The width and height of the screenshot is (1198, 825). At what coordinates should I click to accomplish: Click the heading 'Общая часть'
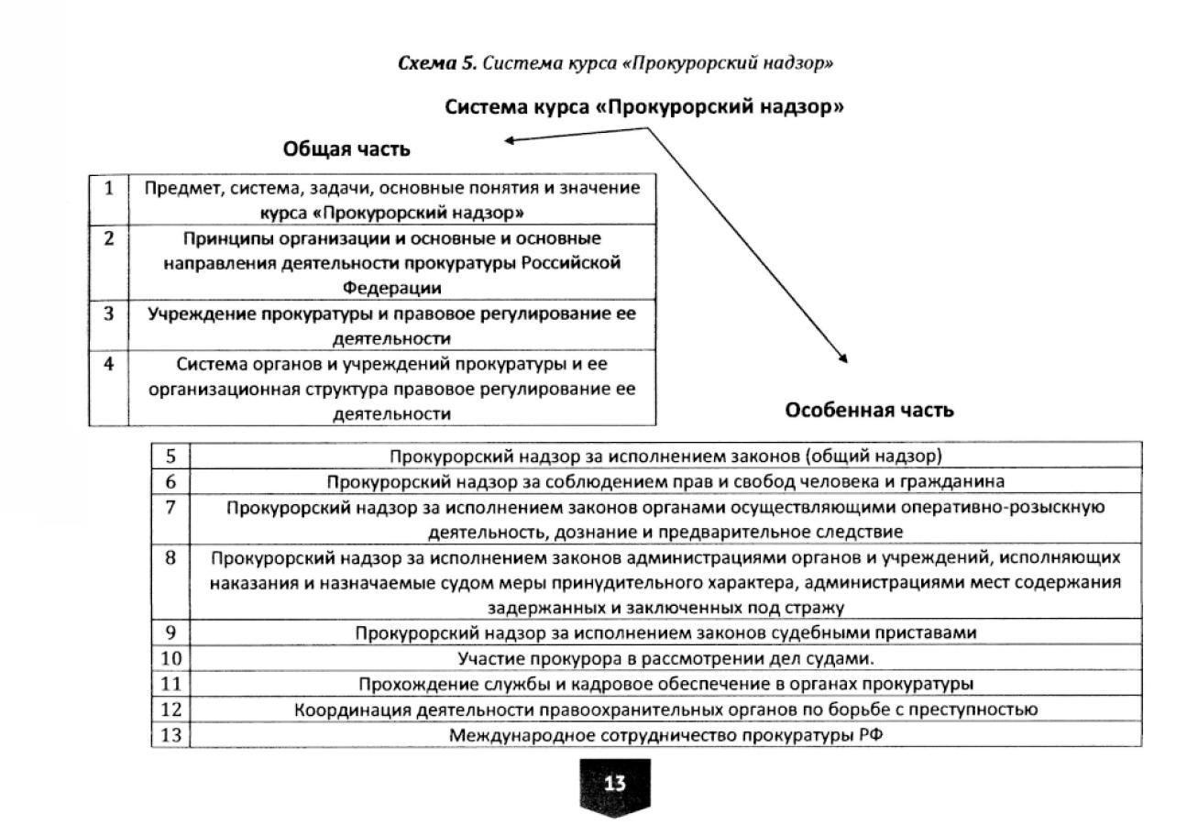click(x=346, y=149)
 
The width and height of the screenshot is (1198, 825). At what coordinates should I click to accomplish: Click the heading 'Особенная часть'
click(x=869, y=410)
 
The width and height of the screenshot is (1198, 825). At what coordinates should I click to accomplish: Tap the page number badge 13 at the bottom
click(x=614, y=784)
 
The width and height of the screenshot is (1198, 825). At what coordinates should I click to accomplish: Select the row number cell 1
click(x=109, y=189)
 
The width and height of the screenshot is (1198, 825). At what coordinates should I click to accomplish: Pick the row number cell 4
click(x=109, y=364)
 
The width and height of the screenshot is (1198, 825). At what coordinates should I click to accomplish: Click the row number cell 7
click(x=170, y=507)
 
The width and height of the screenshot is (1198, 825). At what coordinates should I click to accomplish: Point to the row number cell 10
click(x=170, y=658)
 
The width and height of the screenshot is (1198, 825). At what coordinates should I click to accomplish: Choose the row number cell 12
click(x=170, y=709)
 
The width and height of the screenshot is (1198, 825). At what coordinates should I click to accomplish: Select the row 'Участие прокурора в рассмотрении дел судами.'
click(x=665, y=658)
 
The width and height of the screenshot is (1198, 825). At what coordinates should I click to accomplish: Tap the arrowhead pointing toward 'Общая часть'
click(x=508, y=140)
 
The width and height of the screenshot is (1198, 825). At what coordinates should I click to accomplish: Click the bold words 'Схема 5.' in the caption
click(x=438, y=63)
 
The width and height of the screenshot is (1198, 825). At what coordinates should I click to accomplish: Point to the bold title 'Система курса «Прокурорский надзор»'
click(x=644, y=107)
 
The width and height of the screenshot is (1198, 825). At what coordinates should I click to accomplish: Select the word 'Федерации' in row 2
click(x=392, y=288)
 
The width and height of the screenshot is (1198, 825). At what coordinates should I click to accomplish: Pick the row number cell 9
click(x=170, y=632)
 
